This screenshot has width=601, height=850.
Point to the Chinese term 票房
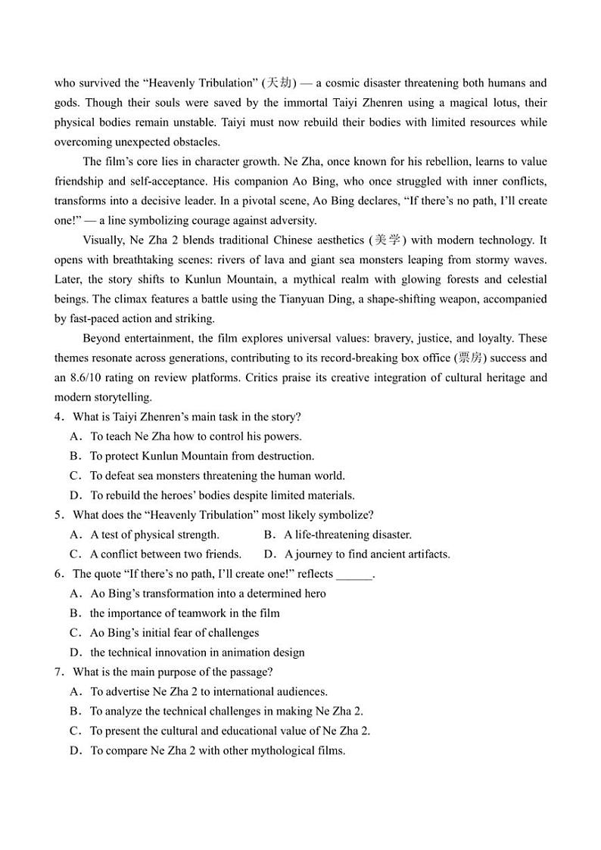point(469,358)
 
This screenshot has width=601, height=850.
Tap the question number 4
point(58,417)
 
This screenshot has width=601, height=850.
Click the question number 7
point(58,672)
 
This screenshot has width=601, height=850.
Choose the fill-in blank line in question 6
point(355,574)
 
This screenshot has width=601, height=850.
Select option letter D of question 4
point(76,495)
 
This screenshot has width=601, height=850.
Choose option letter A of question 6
point(76,594)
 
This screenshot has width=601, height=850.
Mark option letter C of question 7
point(76,731)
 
